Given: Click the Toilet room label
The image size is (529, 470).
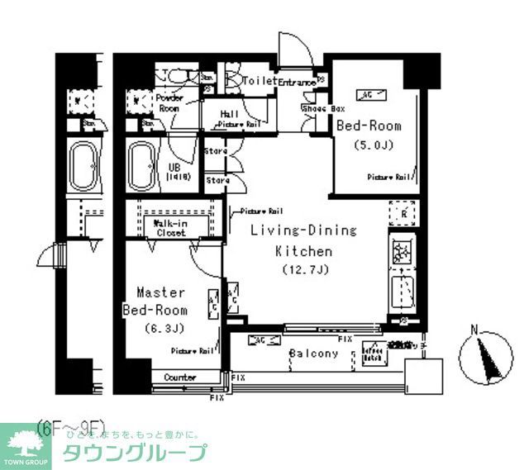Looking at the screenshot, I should click(x=260, y=81).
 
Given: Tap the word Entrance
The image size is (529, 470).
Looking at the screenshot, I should click(x=297, y=83).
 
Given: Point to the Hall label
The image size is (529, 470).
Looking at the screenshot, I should click(x=230, y=115).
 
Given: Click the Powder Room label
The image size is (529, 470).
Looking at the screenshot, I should click(x=169, y=102).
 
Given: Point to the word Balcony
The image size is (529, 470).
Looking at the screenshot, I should click(x=313, y=354).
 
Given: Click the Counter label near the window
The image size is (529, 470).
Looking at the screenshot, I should click(x=179, y=377).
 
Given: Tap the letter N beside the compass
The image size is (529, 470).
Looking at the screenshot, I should click(x=474, y=331).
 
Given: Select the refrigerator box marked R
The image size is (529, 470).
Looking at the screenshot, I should click(x=403, y=214).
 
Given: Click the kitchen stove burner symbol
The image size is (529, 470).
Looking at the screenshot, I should click(x=403, y=253).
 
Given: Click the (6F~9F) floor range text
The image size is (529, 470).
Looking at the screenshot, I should click(x=72, y=426).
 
